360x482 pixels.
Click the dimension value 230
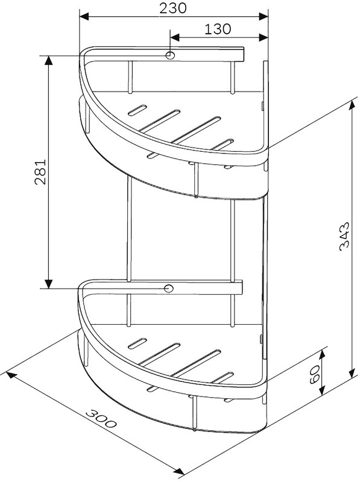172,8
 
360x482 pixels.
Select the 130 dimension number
218,29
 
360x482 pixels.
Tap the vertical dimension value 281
40,172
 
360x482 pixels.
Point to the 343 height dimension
344,236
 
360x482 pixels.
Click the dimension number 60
315,375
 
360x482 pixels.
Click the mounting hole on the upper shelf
169,55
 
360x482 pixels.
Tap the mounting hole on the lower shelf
168,289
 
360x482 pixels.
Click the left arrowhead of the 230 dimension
84,17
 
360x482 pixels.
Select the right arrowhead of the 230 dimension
264,17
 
